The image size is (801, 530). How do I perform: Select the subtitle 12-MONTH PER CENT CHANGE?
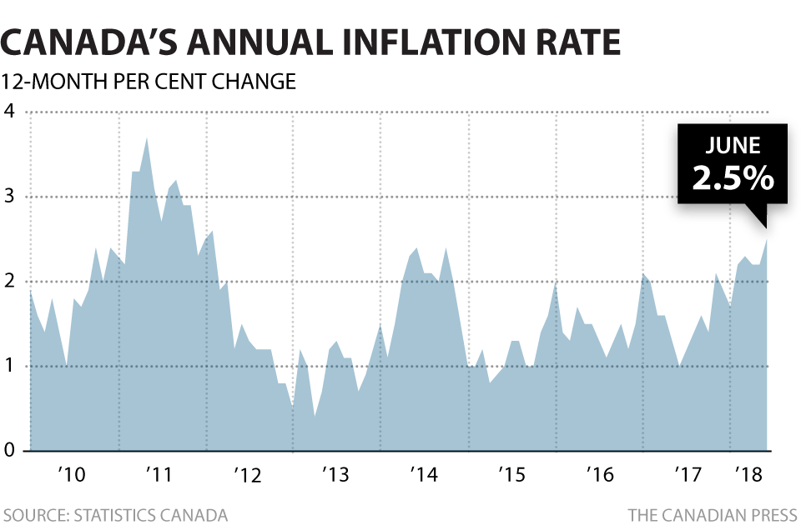(149, 82)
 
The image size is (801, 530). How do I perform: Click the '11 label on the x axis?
(159, 476)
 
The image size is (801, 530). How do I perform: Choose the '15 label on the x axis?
(511, 476)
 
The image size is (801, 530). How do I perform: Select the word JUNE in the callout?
(733, 145)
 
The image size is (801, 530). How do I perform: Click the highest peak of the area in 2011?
(147, 138)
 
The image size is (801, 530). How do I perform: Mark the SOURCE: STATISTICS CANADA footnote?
(115, 514)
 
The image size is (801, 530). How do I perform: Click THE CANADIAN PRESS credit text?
(712, 514)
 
